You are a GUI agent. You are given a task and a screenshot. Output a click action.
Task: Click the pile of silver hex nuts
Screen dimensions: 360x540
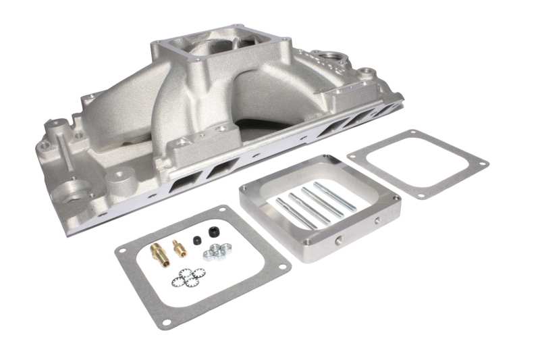217,251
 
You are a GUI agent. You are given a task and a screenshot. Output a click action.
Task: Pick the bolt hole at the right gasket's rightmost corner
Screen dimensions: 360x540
481,163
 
